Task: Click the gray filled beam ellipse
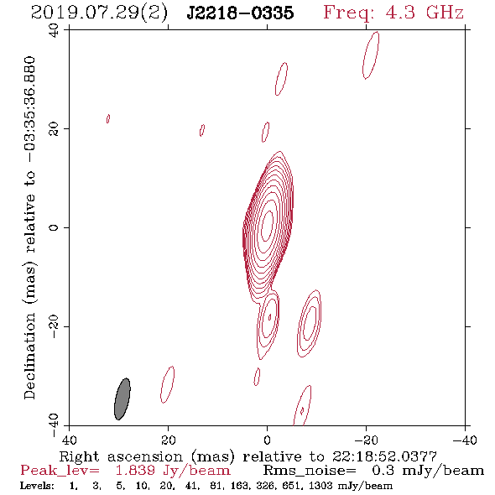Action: click(122, 399)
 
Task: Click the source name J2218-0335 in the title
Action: click(240, 13)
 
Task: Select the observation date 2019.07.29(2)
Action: click(99, 13)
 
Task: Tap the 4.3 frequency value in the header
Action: click(400, 13)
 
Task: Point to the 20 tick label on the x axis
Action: click(168, 440)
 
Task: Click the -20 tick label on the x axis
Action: click(366, 440)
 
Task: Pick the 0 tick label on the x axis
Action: click(267, 440)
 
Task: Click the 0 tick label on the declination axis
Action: click(54, 227)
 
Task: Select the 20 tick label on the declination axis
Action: click(54, 129)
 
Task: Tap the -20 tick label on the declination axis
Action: click(54, 326)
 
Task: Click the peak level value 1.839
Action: click(135, 471)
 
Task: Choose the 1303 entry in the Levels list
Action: click(323, 486)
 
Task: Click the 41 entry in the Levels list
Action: click(192, 486)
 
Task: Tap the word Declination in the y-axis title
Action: click(29, 356)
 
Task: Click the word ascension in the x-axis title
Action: click(145, 456)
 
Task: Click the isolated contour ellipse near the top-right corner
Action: click(371, 55)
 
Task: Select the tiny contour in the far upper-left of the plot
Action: click(108, 118)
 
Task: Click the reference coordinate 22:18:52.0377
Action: click(384, 456)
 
